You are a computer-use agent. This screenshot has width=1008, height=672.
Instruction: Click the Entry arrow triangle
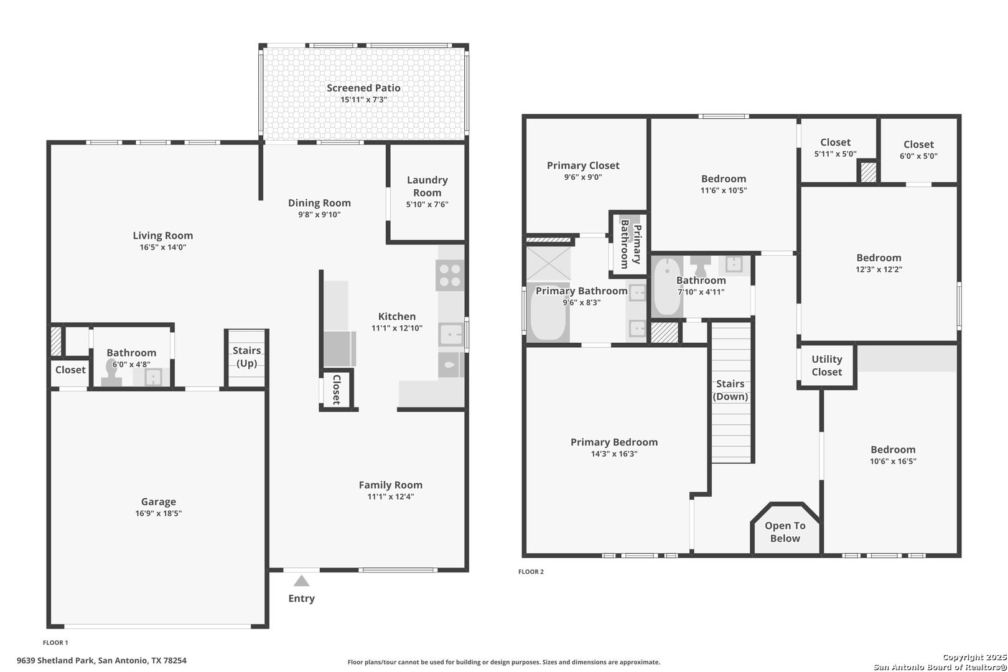[302, 581]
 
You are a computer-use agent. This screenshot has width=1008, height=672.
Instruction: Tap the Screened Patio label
[363, 88]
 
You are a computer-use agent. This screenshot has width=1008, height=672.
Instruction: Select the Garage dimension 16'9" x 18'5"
[159, 513]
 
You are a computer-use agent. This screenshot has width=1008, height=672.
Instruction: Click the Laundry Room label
[427, 186]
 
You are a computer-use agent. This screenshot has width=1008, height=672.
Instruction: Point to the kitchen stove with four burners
[450, 275]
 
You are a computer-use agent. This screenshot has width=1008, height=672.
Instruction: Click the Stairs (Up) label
[246, 357]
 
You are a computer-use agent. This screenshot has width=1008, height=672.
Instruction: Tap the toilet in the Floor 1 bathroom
[111, 372]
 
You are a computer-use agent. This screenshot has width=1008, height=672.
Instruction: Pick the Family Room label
[391, 485]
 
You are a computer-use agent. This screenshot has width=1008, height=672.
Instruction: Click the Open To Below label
[785, 531]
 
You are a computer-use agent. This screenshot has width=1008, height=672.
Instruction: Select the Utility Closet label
[827, 365]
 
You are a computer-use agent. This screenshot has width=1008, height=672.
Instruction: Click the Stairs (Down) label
[730, 390]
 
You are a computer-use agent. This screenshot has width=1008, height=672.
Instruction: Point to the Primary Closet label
[583, 165]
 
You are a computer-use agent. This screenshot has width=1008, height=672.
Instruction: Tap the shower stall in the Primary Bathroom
[549, 263]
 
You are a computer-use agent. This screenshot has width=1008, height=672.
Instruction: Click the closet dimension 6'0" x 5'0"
[918, 156]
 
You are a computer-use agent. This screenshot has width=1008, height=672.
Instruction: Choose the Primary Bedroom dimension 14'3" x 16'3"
[614, 453]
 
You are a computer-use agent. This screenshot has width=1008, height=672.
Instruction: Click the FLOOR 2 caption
[531, 572]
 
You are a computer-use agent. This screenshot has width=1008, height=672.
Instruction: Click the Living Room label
[163, 235]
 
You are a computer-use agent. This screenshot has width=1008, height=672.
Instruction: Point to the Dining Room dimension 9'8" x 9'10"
[319, 214]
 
